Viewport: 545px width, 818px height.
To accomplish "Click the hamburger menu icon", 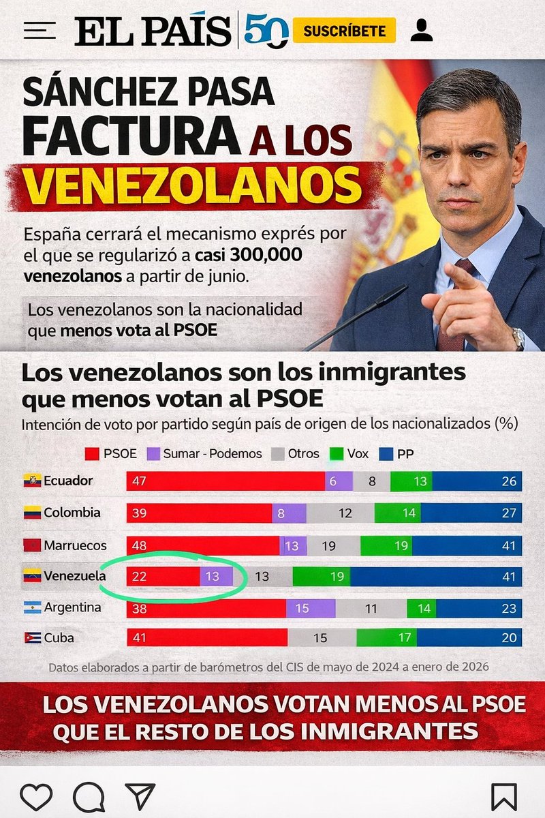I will (40, 31).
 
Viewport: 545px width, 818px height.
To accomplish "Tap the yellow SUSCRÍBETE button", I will (344, 31).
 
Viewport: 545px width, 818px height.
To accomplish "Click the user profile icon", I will (422, 30).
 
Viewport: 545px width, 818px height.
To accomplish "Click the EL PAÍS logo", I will (153, 31).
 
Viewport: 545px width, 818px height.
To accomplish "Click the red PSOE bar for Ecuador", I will (225, 481).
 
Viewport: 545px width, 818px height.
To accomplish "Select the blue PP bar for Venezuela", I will (436, 576).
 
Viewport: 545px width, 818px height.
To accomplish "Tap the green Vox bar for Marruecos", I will (386, 545).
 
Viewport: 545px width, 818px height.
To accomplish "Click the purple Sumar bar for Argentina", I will (311, 607).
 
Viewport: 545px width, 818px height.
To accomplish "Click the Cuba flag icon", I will (32, 638).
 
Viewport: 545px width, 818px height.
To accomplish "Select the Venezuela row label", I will (74, 576).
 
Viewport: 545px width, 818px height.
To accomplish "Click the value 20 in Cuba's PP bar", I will (509, 639).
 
